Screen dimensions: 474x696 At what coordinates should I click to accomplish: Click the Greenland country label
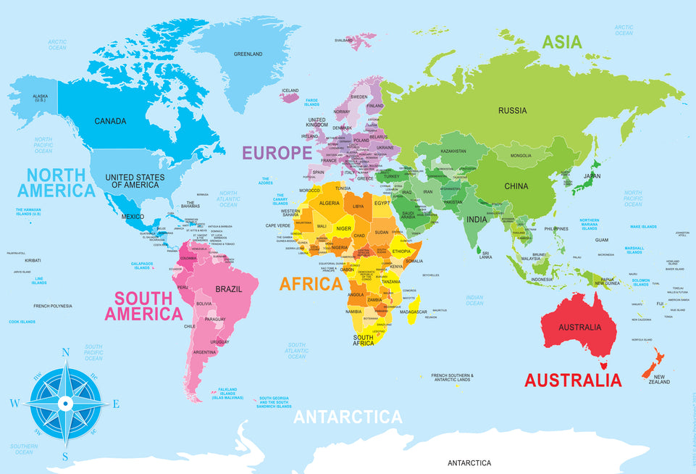click(248, 54)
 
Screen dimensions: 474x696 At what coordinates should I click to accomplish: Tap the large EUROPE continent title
click(277, 153)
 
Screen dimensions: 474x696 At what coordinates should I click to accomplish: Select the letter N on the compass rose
click(65, 353)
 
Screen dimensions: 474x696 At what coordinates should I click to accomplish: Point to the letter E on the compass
click(116, 404)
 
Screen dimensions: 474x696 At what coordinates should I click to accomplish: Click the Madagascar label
click(413, 312)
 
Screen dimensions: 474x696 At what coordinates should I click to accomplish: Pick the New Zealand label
click(658, 380)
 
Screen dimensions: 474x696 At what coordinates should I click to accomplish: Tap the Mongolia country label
click(521, 156)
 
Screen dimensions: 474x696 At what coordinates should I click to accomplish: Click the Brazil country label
click(227, 288)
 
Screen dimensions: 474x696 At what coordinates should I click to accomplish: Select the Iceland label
click(290, 91)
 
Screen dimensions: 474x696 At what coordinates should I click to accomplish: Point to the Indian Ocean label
click(474, 300)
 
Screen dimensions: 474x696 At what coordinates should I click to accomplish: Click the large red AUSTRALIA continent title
click(573, 380)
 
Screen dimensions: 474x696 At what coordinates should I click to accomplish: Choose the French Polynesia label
click(53, 306)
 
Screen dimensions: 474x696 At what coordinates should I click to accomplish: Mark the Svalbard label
click(343, 41)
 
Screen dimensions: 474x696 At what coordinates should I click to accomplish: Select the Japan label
click(592, 175)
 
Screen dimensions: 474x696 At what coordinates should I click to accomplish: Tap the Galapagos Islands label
click(142, 266)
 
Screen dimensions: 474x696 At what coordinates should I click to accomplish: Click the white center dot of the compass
click(64, 403)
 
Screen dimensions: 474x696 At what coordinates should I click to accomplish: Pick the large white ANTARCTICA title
click(347, 417)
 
